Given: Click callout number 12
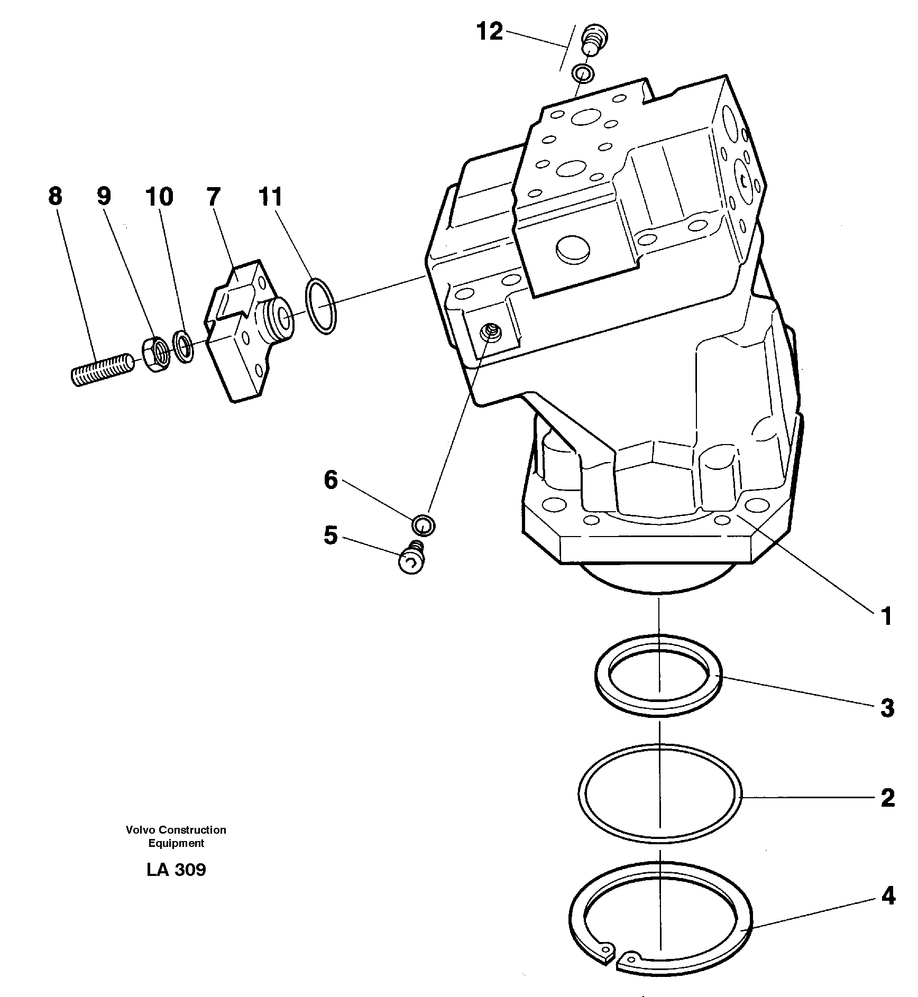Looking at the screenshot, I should click(x=490, y=32).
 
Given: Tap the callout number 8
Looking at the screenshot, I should click(x=55, y=196).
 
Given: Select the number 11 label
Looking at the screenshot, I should click(x=271, y=196).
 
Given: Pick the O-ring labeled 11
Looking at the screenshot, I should click(x=321, y=307).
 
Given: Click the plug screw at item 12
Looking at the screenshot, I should click(x=594, y=40).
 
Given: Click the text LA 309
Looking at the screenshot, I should click(x=176, y=870).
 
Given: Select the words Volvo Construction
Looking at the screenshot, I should click(x=176, y=830).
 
